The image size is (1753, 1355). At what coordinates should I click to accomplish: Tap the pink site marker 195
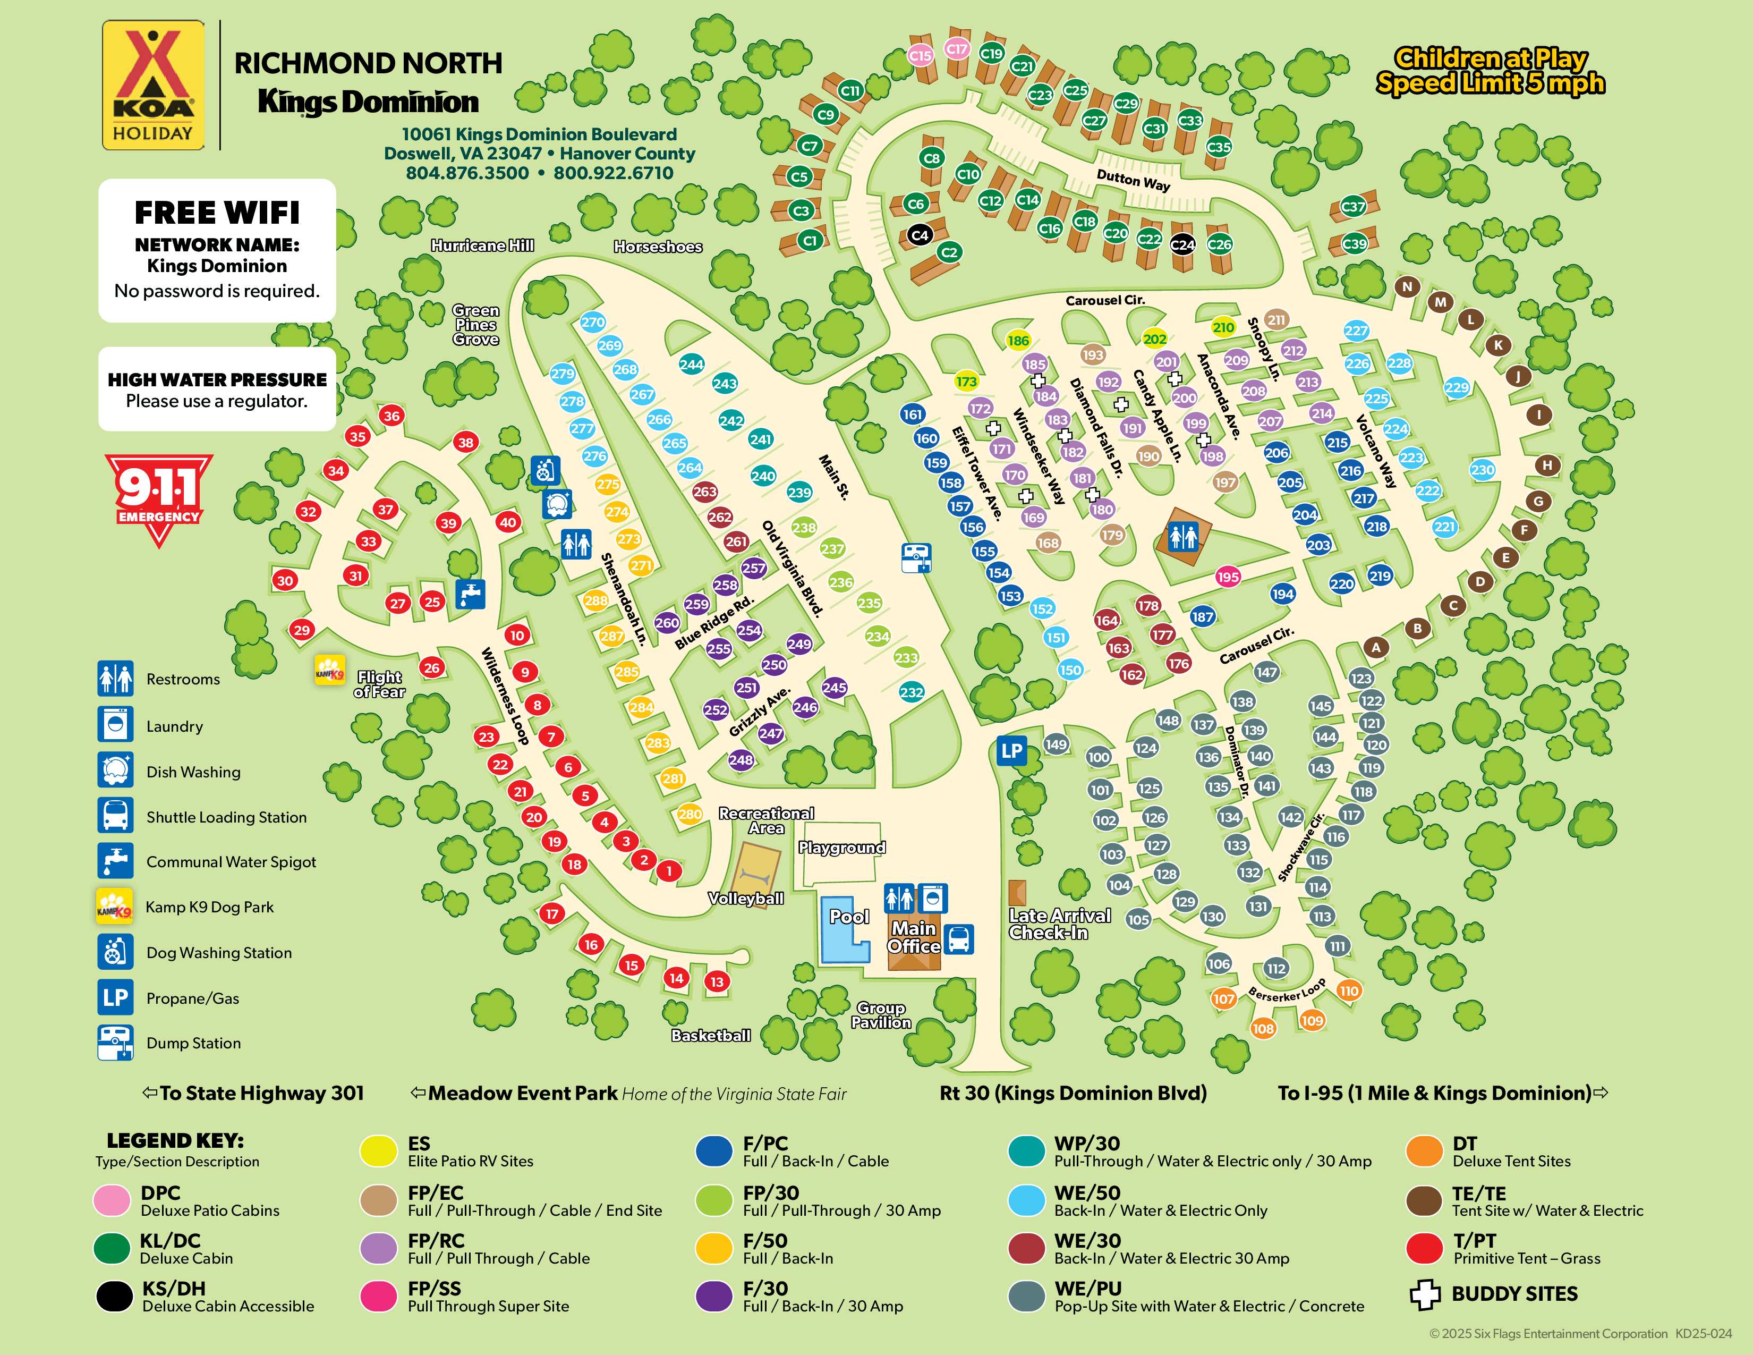1227,577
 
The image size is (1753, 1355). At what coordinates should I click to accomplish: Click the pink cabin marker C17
956,49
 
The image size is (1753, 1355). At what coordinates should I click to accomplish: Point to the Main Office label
914,937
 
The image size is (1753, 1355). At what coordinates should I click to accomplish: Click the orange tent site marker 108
1263,1028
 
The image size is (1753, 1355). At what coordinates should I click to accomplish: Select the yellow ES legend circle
379,1151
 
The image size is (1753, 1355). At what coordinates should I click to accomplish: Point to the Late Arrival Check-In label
1060,924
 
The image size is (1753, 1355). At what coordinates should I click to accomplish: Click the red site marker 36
391,416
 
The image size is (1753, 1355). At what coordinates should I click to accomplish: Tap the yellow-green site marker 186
1018,341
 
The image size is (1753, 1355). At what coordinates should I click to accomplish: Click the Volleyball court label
746,898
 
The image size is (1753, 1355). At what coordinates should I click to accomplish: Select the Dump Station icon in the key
115,1043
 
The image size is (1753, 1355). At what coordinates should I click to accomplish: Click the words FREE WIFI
217,213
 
